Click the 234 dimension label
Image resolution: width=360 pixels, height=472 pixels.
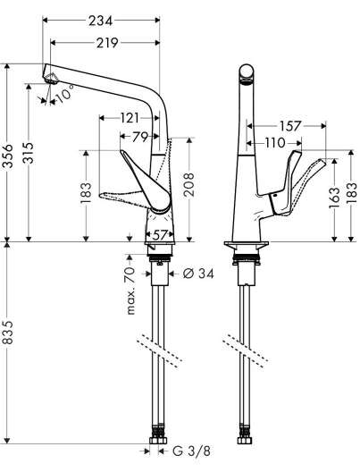pos(100,21)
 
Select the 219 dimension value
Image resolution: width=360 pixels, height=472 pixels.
pos(107,43)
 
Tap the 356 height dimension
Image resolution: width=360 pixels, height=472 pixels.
pos(8,156)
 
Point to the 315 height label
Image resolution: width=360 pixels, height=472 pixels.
pos(28,153)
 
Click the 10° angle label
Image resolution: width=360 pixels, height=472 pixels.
pos(64,93)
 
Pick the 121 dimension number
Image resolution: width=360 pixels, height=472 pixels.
pos(130,118)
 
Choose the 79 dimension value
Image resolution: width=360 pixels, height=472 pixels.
pos(140,138)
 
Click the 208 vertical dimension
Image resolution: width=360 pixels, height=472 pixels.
pos(188,184)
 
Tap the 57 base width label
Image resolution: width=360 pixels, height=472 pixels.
pos(159,235)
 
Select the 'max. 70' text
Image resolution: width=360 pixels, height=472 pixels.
pos(130,291)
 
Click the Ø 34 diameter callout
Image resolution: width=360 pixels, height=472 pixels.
pos(198,274)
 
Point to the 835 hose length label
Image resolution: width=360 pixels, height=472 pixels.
pos(8,332)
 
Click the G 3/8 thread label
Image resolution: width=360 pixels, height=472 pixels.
pos(192,451)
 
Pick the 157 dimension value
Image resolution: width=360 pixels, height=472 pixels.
pos(290,126)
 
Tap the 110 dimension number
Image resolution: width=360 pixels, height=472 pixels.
pos(274,143)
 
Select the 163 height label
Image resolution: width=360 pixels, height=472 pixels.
pos(334,198)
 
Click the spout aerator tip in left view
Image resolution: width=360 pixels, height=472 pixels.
pos(51,79)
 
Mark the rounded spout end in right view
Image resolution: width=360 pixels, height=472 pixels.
pos(247,72)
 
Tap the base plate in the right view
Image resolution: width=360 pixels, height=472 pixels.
pos(247,243)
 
